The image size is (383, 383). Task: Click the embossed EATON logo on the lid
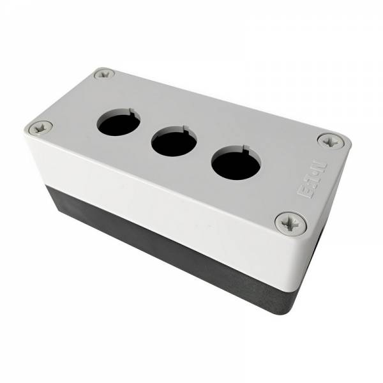(x=312, y=179)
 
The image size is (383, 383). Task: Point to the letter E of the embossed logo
(x=304, y=192)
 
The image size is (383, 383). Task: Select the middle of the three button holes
(x=174, y=141)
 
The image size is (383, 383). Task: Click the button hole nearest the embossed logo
(x=236, y=163)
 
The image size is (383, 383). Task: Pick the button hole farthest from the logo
(x=119, y=123)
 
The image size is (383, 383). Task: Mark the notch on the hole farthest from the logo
(x=132, y=111)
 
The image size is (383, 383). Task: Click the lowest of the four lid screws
(x=290, y=224)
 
